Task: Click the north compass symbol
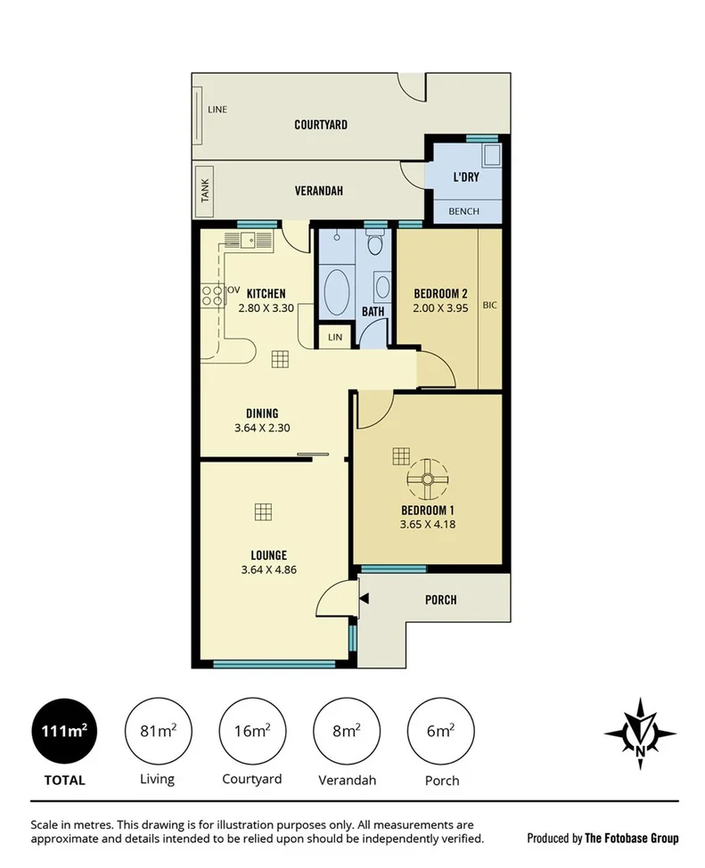(x=640, y=734)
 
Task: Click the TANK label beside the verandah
(x=204, y=191)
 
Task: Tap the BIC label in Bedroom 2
(x=489, y=306)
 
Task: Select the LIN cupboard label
(x=335, y=337)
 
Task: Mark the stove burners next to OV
(x=212, y=295)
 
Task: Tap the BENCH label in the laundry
(x=464, y=211)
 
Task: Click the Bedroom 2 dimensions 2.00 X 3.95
(x=440, y=308)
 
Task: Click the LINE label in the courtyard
(x=217, y=110)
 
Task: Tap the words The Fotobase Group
(x=631, y=838)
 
